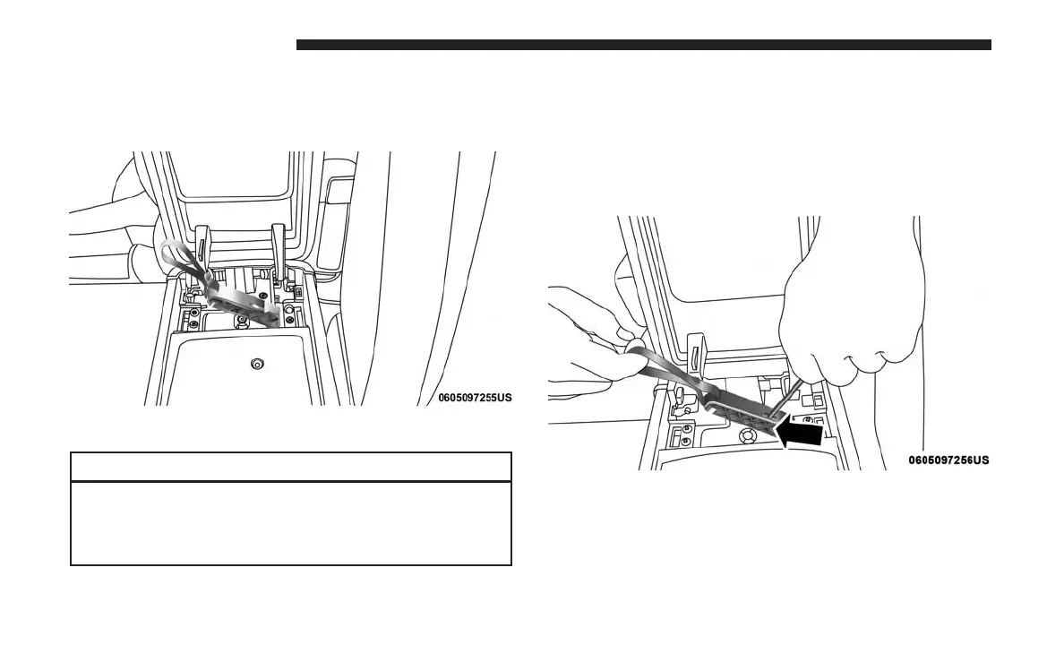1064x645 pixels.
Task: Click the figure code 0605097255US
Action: pos(475,396)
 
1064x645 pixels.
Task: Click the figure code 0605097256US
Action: pos(948,460)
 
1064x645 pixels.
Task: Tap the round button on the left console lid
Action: pos(257,365)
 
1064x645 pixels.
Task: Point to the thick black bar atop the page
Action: pos(643,45)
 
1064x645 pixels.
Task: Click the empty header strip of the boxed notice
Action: pos(290,467)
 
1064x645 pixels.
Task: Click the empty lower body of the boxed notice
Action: pos(290,524)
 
